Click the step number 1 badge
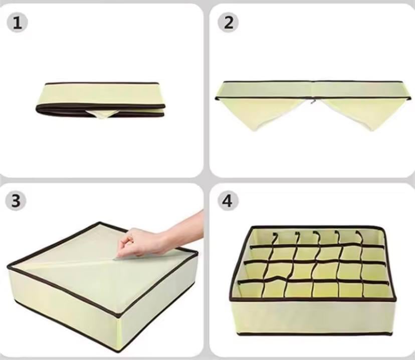(17, 23)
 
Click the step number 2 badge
(229, 22)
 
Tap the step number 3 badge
(16, 201)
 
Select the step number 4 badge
(228, 201)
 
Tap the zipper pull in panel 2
(314, 101)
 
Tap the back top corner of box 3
(100, 223)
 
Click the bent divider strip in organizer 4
(275, 278)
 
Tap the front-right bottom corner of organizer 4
(391, 333)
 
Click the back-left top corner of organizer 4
(252, 227)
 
